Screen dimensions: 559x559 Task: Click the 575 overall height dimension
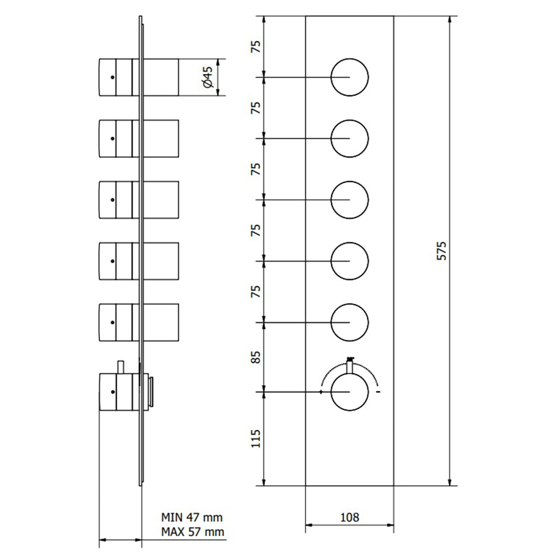pos(441,251)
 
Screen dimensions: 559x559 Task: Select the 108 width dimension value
pos(349,517)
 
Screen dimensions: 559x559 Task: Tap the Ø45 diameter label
pos(207,77)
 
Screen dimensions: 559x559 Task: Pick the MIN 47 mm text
pos(192,517)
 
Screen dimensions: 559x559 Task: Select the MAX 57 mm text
pos(193,532)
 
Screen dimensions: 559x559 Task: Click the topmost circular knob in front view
pos(349,78)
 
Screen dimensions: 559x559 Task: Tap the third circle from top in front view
pos(349,200)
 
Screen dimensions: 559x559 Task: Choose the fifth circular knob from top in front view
pos(349,322)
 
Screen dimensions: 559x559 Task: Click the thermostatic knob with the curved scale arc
pos(349,392)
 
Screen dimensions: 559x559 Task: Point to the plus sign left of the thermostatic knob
pos(322,392)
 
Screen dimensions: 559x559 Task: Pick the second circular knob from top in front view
pos(349,139)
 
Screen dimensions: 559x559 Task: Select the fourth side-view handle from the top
pos(138,261)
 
